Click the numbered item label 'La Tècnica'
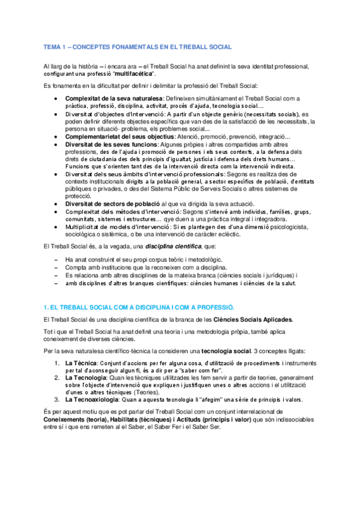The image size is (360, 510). click(82, 363)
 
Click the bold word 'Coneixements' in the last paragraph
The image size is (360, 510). click(68, 420)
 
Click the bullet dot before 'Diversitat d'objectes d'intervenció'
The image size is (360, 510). click(56, 113)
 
